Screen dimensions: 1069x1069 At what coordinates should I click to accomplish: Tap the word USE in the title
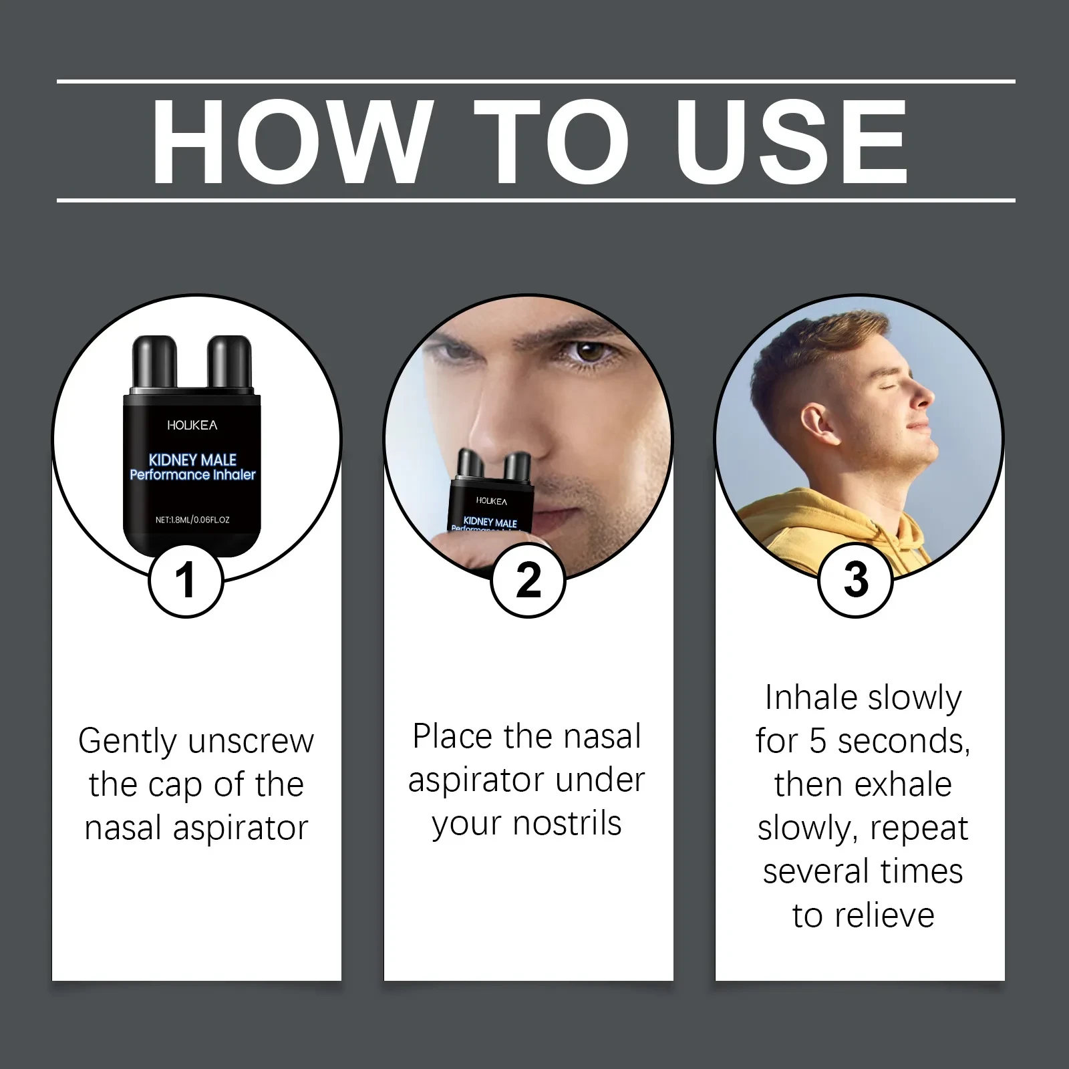coord(795,142)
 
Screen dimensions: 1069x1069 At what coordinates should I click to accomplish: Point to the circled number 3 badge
coord(856,579)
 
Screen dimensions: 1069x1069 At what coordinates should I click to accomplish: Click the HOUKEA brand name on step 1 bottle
coord(192,425)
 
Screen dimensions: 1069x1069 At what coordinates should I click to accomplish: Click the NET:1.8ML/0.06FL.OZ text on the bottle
coord(192,519)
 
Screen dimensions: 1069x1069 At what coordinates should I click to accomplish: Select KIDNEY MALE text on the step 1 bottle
coord(192,460)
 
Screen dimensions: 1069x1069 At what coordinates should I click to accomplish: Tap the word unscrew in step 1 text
coord(251,741)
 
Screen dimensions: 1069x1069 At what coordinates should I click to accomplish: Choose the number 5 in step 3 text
coord(817,741)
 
